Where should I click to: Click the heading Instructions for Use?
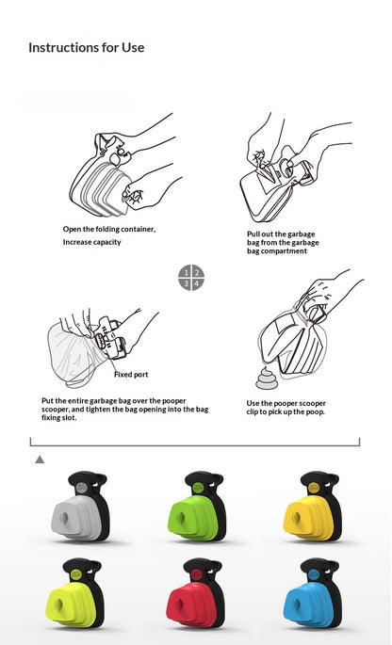87,48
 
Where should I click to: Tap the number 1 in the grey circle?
187,272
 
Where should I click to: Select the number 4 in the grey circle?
197,283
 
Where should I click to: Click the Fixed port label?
131,375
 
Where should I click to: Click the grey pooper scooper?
81,507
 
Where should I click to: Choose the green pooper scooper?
197,507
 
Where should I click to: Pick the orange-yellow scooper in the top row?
314,507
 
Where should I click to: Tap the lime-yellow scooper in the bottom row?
75,593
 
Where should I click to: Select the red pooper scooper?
196,593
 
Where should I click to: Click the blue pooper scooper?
313,593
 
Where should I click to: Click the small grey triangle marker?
40,460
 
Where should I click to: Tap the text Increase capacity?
91,242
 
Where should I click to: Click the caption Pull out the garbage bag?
283,243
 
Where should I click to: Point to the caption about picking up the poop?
286,408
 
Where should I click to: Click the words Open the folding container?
109,229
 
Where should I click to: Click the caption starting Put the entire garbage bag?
124,410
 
